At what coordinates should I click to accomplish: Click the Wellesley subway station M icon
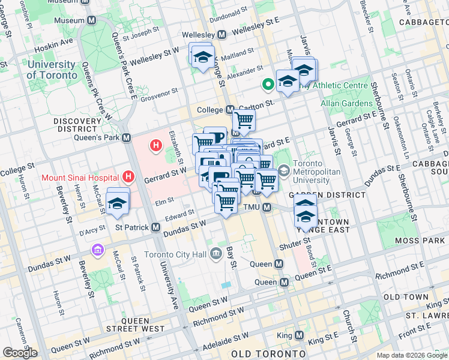click(221, 34)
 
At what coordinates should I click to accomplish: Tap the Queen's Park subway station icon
click(127, 137)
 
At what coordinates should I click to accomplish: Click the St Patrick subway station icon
click(155, 227)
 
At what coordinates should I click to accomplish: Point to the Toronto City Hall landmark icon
click(215, 254)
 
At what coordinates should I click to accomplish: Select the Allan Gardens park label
click(347, 103)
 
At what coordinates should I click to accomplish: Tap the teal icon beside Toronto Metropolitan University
click(284, 170)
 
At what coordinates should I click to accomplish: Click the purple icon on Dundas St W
click(97, 249)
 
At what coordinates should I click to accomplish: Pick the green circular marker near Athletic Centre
click(265, 86)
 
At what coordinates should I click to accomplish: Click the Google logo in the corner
click(20, 352)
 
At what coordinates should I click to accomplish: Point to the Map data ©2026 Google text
click(412, 355)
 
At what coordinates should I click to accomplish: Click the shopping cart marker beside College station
click(244, 121)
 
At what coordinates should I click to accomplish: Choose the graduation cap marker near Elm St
click(118, 203)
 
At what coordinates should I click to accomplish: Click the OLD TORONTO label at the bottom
click(261, 353)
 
